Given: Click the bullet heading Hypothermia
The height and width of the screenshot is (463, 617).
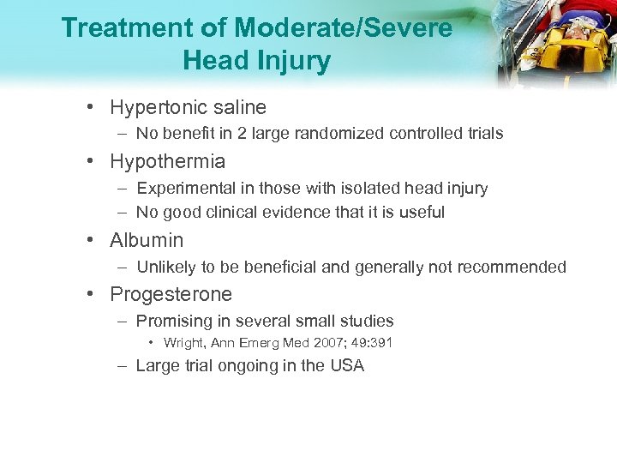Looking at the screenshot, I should [167, 161].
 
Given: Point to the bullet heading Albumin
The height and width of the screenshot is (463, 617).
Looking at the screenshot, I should [147, 240].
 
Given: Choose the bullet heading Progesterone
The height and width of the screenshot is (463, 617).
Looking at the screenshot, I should [171, 294].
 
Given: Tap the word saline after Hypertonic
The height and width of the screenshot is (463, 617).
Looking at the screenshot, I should [239, 107].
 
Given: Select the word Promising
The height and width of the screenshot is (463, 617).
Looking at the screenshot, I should [174, 322].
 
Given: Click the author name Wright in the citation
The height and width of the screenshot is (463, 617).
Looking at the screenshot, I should [183, 344].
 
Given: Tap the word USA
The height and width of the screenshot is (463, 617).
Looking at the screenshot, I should [347, 366].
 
